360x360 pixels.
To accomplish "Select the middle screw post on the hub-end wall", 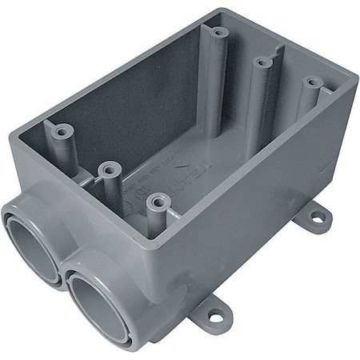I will click(x=109, y=169).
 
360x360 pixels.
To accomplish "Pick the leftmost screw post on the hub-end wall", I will click(x=57, y=130).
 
